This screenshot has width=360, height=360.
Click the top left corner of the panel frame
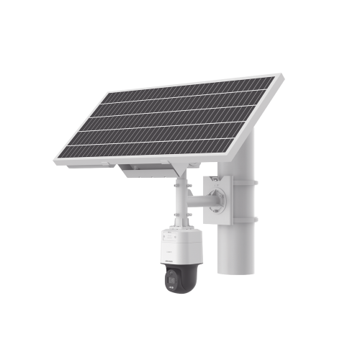tap(107, 91)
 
